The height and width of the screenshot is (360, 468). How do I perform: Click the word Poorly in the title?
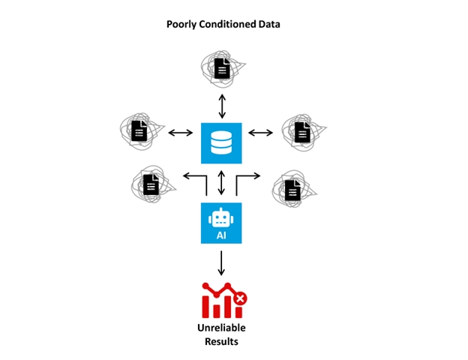[x=181, y=25]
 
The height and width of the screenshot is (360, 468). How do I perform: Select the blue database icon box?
[x=221, y=142]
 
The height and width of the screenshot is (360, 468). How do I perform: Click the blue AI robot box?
[x=221, y=223]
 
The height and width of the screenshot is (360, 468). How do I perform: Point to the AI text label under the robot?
[x=221, y=234]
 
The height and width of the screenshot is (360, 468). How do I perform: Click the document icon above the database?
[x=222, y=70]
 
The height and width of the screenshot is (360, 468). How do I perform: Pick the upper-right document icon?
[x=302, y=133]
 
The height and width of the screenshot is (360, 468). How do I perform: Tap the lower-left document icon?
[x=151, y=183]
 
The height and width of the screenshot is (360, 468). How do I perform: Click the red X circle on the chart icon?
[x=239, y=299]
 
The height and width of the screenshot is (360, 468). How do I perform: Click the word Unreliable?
[x=221, y=328]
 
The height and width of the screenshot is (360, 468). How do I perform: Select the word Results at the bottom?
[x=221, y=342]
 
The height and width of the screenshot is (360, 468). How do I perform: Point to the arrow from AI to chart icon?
[x=221, y=262]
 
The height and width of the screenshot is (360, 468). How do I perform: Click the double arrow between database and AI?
[x=221, y=183]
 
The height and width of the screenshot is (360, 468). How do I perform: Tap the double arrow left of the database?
[x=181, y=133]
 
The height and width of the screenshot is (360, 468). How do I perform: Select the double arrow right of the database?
[x=261, y=133]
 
